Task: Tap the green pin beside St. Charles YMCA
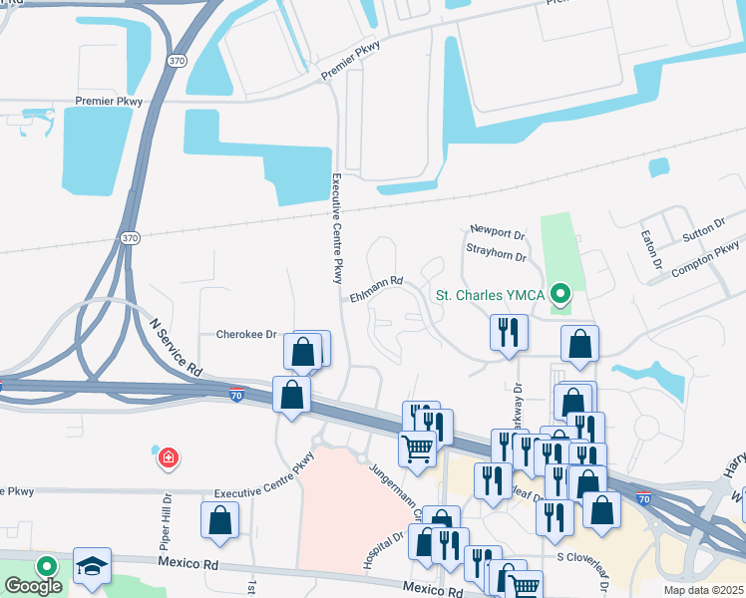tap(560, 294)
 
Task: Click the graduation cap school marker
tap(92, 565)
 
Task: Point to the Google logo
tap(33, 585)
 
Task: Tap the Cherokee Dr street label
tap(246, 334)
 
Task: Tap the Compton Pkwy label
tap(705, 258)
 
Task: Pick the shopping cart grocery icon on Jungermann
tap(417, 448)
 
